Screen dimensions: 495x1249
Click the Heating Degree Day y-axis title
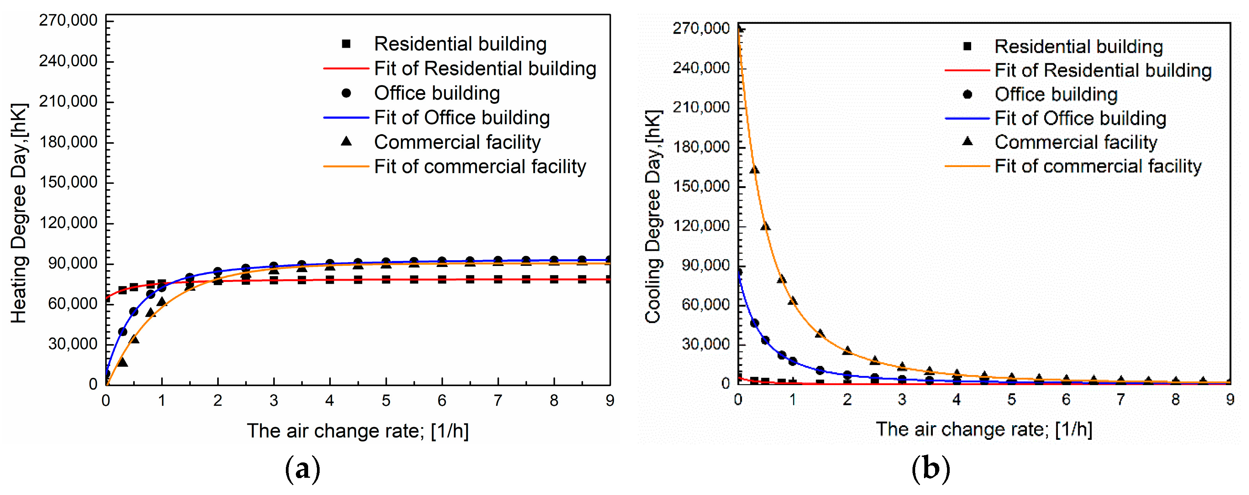click(x=20, y=213)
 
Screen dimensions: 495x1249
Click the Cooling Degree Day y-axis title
click(x=653, y=216)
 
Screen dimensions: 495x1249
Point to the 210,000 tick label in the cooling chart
click(x=701, y=107)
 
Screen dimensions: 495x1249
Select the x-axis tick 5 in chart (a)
click(x=386, y=400)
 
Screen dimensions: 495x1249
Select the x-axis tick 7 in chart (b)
click(x=1120, y=400)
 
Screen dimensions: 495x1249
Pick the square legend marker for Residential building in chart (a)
click(x=346, y=44)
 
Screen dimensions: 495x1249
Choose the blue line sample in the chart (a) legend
click(x=346, y=118)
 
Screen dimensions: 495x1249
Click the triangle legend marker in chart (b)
click(x=967, y=141)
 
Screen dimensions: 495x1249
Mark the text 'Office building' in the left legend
click(x=437, y=93)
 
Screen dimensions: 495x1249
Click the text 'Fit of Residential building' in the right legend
click(x=1103, y=71)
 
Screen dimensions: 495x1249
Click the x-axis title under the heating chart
click(x=358, y=431)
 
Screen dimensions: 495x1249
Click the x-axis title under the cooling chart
click(x=984, y=429)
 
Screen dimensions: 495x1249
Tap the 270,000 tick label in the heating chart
click(x=68, y=20)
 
